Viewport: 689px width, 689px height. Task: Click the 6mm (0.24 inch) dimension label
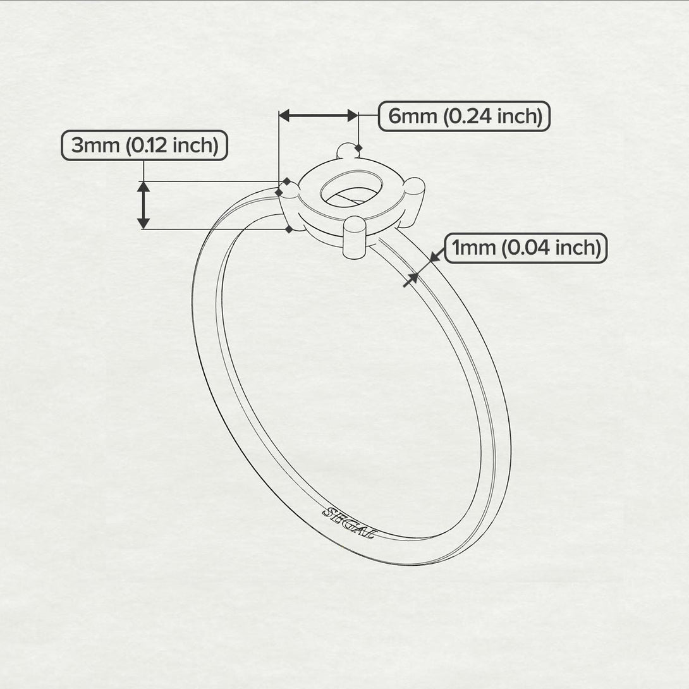465,116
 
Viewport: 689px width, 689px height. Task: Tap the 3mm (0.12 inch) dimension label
144,146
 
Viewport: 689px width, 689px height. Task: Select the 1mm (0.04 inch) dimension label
526,248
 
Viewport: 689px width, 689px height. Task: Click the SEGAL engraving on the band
350,523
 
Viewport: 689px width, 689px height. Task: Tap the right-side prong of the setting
415,190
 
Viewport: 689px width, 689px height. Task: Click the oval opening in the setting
345,187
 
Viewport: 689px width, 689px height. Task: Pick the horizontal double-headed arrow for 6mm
319,115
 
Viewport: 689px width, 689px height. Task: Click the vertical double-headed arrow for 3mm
143,205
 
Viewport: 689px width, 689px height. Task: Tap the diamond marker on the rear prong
358,149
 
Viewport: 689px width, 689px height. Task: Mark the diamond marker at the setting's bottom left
289,229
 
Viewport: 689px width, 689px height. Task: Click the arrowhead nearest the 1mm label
434,256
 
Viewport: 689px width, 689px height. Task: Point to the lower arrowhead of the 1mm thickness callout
413,276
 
